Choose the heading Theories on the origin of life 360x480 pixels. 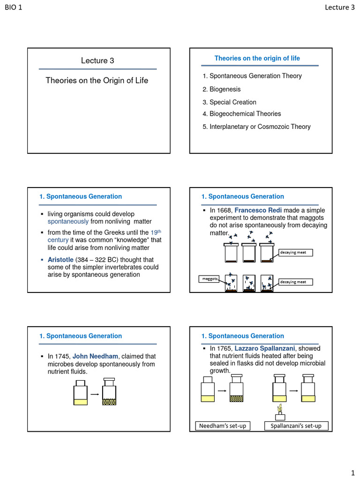(257, 58)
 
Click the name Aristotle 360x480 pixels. (60, 260)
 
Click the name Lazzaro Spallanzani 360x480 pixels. (265, 348)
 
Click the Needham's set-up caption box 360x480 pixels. (222, 426)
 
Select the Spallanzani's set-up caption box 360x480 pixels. (296, 426)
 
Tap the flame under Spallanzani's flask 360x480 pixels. (280, 408)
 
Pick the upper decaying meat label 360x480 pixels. (295, 253)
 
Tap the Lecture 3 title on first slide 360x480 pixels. (97, 60)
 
